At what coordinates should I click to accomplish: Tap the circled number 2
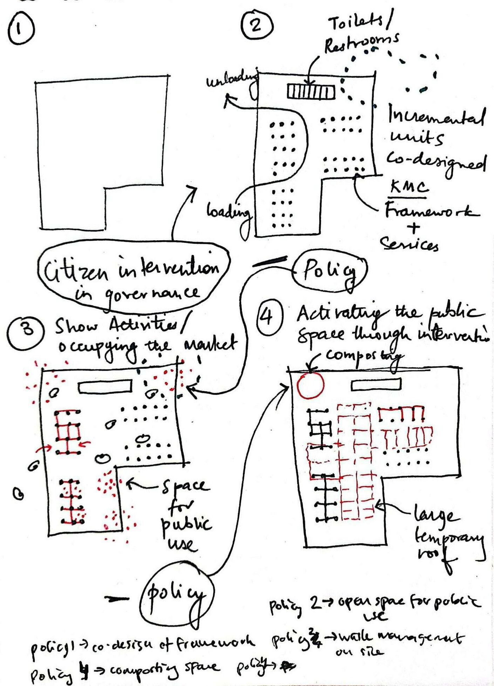[257, 26]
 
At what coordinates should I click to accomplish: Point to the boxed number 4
[268, 317]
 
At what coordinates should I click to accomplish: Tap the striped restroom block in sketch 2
[311, 92]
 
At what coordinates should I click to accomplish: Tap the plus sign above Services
[413, 228]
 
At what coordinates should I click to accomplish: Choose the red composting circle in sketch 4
[310, 385]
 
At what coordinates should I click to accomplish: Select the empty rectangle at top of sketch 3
[105, 387]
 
